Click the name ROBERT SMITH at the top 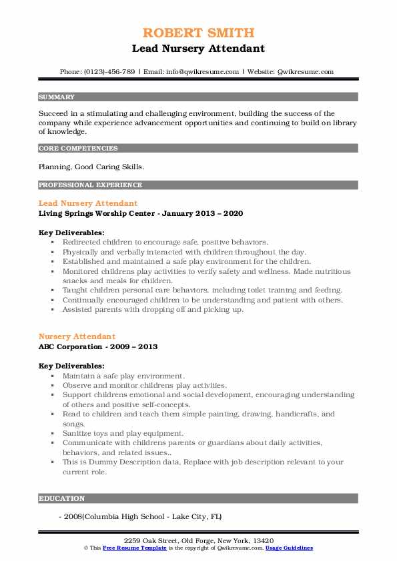tap(198, 33)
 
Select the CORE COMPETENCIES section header tap(78, 149)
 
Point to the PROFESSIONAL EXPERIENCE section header tap(90, 185)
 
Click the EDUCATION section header tap(62, 498)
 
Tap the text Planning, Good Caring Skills tap(91, 167)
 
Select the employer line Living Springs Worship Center tap(141, 213)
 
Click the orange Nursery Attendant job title tap(77, 336)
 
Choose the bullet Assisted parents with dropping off tap(153, 309)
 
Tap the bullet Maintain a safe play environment tap(124, 376)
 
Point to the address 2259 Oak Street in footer tap(198, 539)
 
